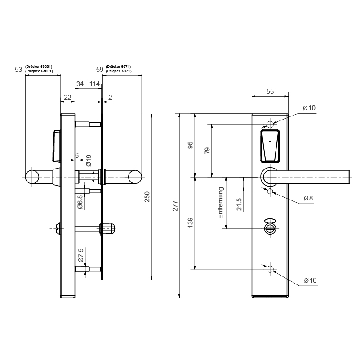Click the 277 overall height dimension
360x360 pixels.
click(x=175, y=206)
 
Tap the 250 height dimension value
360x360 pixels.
click(x=147, y=197)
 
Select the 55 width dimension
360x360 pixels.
click(x=270, y=92)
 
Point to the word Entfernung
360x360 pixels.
click(x=220, y=203)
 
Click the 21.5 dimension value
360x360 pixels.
click(x=239, y=204)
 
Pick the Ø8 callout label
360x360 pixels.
click(x=308, y=198)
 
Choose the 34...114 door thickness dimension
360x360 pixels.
click(x=88, y=84)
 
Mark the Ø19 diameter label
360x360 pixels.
click(x=89, y=160)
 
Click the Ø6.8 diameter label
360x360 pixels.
click(x=80, y=202)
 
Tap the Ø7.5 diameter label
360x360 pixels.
click(x=80, y=255)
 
